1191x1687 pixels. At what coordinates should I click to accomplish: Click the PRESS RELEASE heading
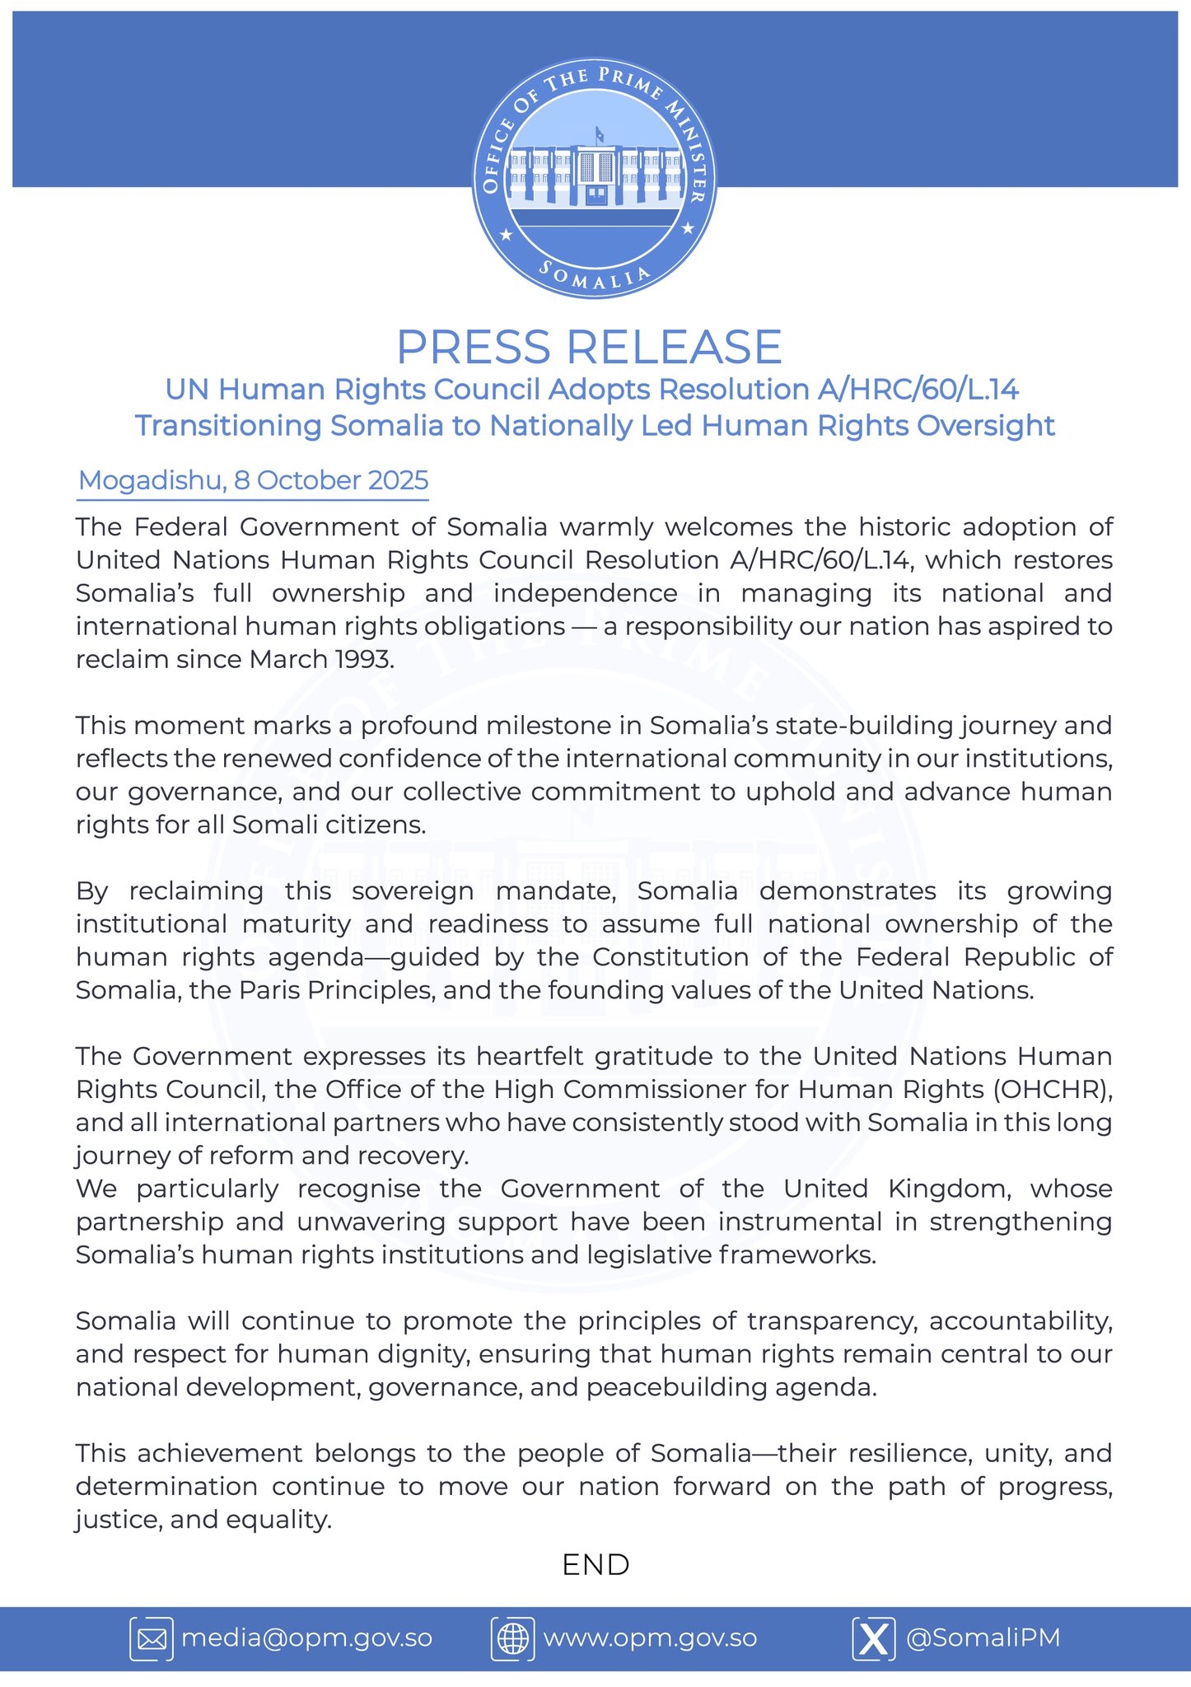[x=588, y=347]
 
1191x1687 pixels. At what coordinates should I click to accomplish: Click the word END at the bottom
[x=595, y=1564]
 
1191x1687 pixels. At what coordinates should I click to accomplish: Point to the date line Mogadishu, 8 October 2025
[x=253, y=480]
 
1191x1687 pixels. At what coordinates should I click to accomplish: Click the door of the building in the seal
[x=595, y=194]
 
